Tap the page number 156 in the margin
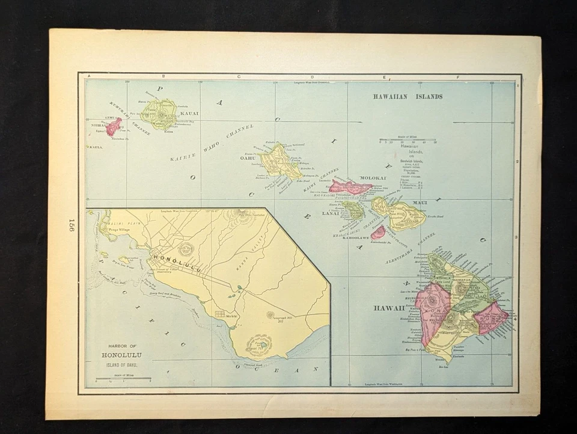[x=71, y=225]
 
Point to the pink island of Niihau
[x=114, y=126]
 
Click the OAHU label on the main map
[x=248, y=158]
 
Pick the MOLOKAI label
[x=373, y=178]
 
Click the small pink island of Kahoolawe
[x=378, y=233]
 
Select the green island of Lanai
[x=354, y=210]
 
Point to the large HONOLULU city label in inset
[x=177, y=262]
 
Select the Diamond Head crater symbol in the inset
[x=260, y=346]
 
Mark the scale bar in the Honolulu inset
[x=123, y=379]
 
